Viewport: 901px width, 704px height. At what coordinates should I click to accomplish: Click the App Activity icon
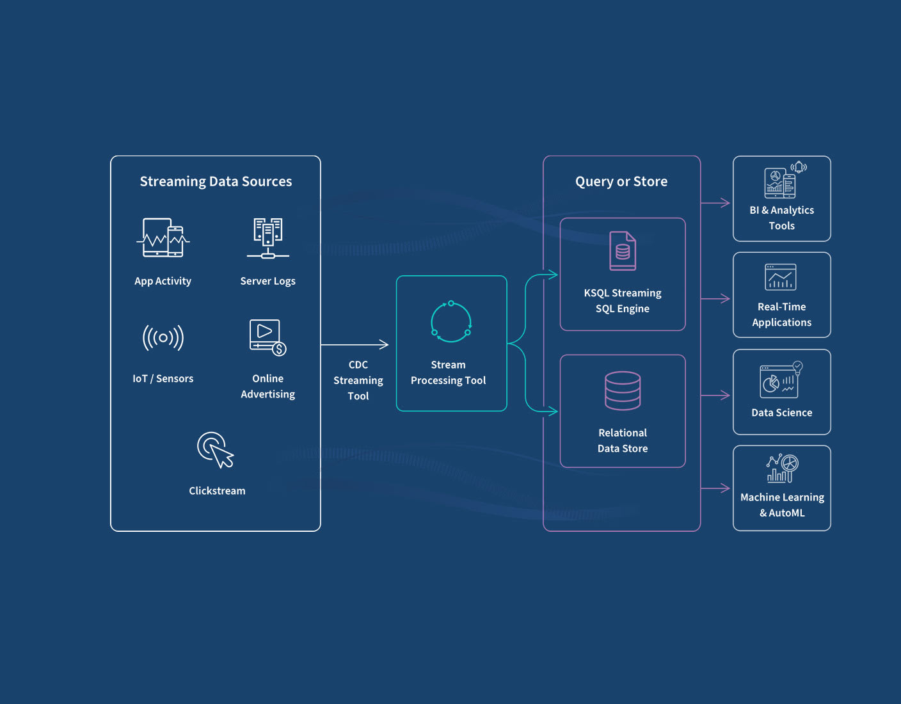pos(163,238)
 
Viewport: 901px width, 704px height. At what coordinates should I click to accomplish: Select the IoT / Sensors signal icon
pos(163,337)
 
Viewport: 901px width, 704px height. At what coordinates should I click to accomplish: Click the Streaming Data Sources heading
pos(216,182)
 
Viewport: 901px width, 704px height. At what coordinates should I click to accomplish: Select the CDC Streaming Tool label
pos(358,380)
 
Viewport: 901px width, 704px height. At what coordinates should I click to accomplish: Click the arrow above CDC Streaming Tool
pos(355,344)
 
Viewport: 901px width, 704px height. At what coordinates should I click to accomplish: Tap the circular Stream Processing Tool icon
pos(450,321)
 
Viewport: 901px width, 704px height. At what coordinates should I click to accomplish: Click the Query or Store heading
pos(621,182)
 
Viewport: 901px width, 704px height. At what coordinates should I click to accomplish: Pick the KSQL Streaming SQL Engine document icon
pos(623,251)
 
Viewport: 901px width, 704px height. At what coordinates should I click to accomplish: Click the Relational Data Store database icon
pos(623,390)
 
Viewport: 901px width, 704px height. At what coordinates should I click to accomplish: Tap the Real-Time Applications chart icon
pos(781,277)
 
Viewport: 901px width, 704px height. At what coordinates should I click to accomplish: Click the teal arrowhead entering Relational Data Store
pos(553,411)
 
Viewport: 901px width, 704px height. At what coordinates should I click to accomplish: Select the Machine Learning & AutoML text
pos(782,505)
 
